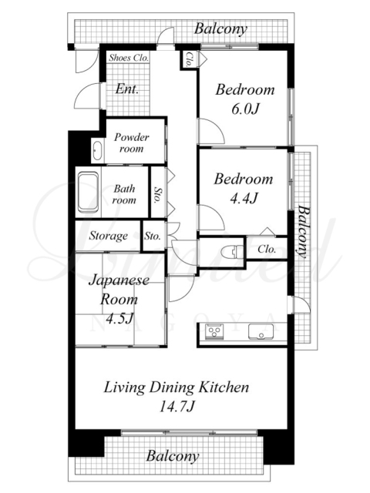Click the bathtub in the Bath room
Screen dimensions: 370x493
(x=89, y=192)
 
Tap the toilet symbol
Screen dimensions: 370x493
(x=233, y=253)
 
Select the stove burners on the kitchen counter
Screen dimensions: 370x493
(x=214, y=332)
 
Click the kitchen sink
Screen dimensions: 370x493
(x=261, y=332)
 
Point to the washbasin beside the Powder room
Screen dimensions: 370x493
(x=97, y=151)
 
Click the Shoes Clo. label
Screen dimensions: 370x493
(x=129, y=58)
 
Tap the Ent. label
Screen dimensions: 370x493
(x=126, y=89)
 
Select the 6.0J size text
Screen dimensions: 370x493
(x=245, y=109)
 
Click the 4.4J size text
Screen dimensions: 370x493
(x=244, y=199)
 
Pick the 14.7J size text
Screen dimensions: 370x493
(x=177, y=407)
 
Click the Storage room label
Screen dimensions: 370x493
(x=108, y=236)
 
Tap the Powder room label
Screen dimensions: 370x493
(x=132, y=143)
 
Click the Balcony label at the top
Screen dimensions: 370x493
(x=220, y=29)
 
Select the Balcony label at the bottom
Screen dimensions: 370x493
(x=173, y=456)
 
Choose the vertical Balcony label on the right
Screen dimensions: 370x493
(x=303, y=231)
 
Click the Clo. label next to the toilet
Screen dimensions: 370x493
(x=267, y=250)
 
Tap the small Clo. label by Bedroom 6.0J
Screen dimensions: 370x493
(x=189, y=60)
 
